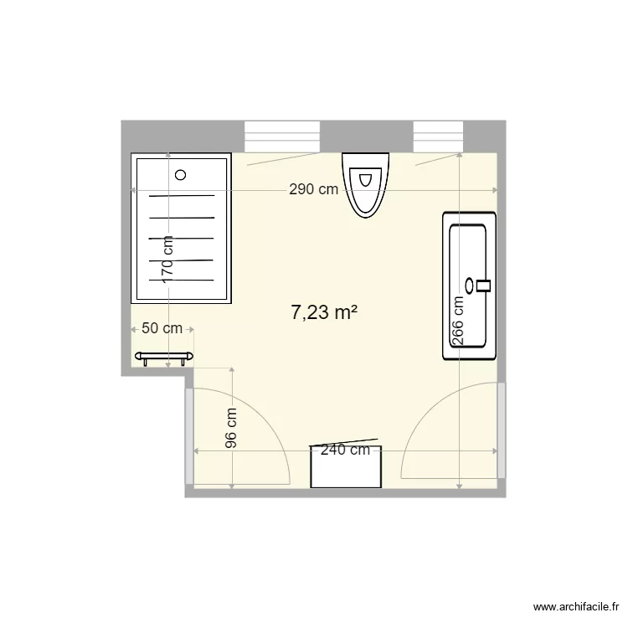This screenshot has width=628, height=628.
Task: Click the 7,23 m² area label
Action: point(324,313)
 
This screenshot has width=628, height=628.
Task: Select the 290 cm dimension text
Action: point(314,189)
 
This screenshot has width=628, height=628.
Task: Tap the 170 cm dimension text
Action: point(167,256)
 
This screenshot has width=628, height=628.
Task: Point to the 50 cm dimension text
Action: point(162,328)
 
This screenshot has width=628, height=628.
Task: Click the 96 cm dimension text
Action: point(232,428)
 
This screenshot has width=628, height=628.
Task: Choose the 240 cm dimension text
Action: point(346,450)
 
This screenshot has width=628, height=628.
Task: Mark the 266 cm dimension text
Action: point(458,321)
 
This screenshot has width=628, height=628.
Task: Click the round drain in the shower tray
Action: point(181,175)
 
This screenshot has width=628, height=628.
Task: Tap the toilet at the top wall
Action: point(366,184)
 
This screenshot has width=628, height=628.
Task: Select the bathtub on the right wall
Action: point(470,286)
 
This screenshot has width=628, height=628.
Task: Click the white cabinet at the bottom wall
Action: point(346,467)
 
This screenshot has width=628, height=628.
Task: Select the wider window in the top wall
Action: point(282,136)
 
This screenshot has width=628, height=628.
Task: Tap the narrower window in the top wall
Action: point(438,136)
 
